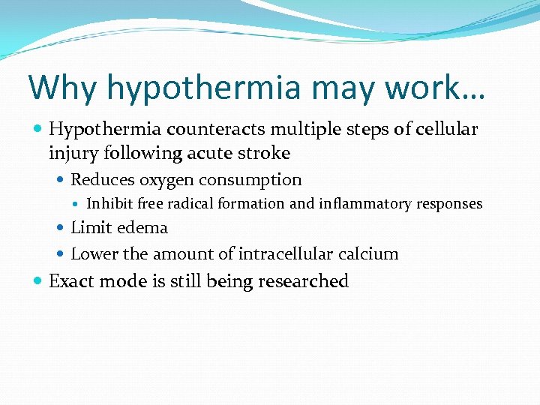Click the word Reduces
tap(100, 180)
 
